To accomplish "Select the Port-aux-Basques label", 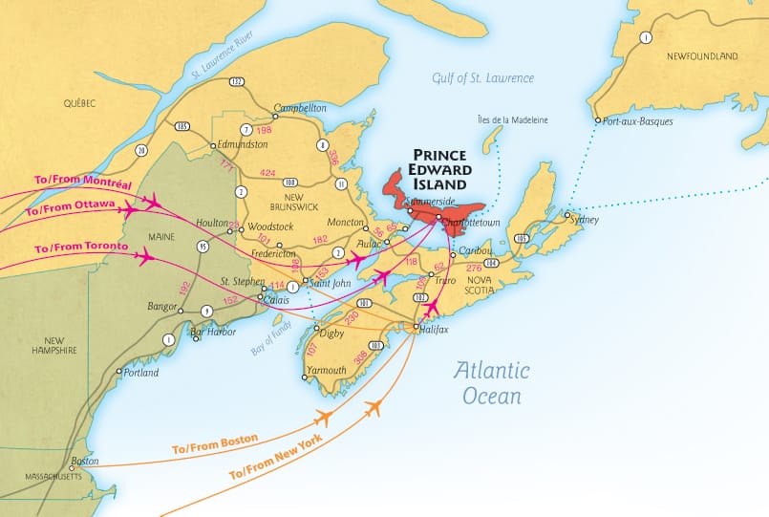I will pyautogui.click(x=638, y=121).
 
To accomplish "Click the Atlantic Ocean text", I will pyautogui.click(x=492, y=382).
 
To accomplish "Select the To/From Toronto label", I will pyautogui.click(x=81, y=248).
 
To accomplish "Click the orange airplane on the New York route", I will pyautogui.click(x=374, y=409).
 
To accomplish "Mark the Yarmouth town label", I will pyautogui.click(x=327, y=370).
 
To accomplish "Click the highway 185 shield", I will pyautogui.click(x=181, y=126).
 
